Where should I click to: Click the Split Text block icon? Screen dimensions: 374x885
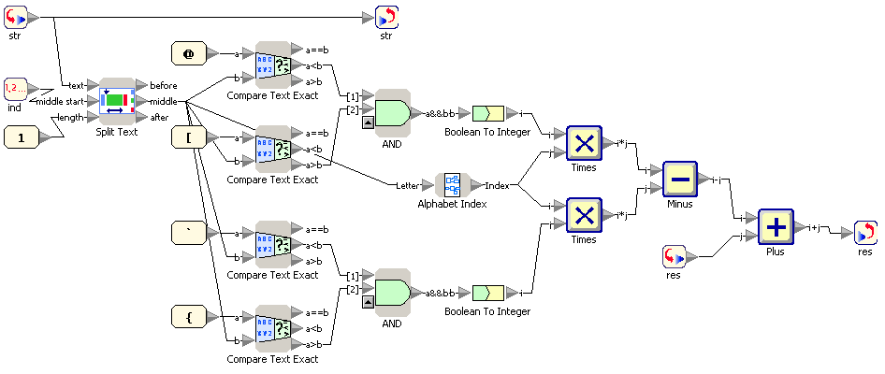[117, 101]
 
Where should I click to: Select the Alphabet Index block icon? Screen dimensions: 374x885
[453, 185]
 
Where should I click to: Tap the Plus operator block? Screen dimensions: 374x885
[776, 226]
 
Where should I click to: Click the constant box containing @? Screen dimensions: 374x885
[188, 54]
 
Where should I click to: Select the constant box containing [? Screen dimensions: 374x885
[188, 138]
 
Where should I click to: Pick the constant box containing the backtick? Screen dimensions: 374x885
[188, 232]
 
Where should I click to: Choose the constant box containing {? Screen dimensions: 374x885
[188, 317]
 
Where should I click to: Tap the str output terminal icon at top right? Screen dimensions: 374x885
[385, 17]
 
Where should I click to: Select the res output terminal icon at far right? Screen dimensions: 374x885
[866, 232]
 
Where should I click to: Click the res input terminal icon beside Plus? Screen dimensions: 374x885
[674, 255]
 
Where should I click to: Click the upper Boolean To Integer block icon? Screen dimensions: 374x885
[488, 113]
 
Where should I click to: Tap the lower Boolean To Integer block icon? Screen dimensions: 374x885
[488, 294]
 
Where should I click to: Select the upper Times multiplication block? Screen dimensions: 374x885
[584, 143]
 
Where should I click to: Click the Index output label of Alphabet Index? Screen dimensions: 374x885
[497, 185]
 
